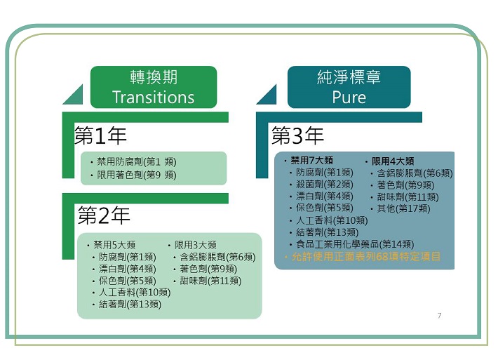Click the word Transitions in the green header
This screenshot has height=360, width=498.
pyautogui.click(x=154, y=97)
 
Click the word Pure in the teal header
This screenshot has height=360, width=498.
pyautogui.click(x=349, y=98)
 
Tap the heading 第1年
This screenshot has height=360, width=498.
pyautogui.click(x=100, y=135)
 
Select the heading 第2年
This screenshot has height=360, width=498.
pyautogui.click(x=104, y=215)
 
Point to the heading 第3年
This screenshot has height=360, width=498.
pyautogui.click(x=297, y=135)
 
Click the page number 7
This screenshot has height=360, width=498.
pyautogui.click(x=439, y=316)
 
